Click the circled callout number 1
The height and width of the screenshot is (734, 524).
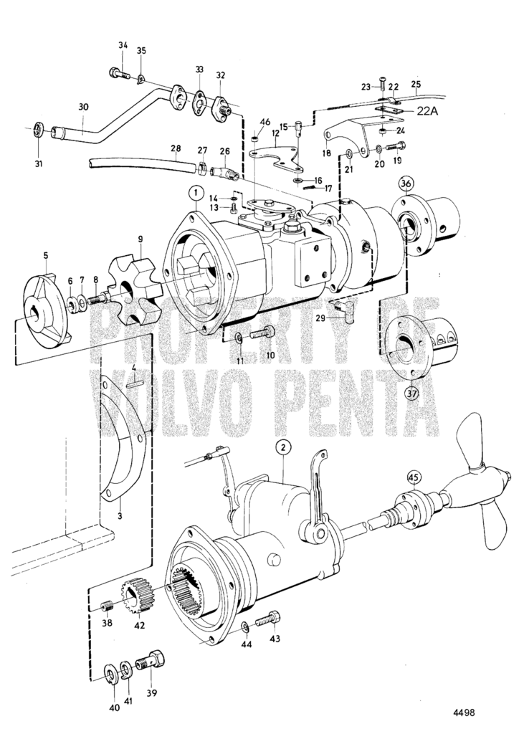point(193,192)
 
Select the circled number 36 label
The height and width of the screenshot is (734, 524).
point(406,184)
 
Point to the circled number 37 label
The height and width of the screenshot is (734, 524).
point(411,392)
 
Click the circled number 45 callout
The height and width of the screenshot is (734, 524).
point(414,476)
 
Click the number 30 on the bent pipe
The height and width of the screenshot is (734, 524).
point(83,107)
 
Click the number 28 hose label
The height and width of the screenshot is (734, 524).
point(176,148)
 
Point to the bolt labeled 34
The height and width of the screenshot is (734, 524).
point(117,72)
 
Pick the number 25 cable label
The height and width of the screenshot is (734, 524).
point(416,84)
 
